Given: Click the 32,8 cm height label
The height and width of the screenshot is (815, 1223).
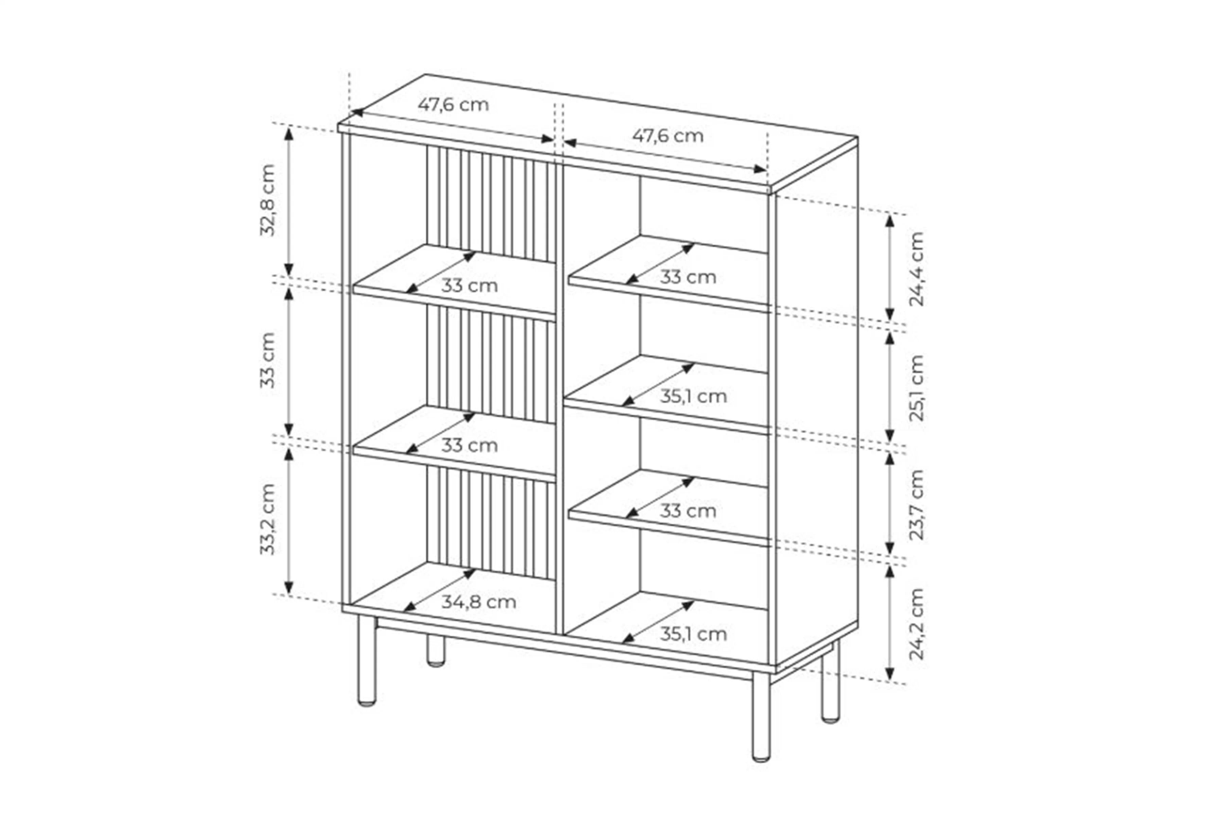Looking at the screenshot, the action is click(x=267, y=201).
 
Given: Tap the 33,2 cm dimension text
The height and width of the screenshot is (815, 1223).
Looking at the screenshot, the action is click(x=267, y=519).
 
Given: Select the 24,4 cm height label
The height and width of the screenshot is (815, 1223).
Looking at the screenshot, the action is click(x=916, y=269).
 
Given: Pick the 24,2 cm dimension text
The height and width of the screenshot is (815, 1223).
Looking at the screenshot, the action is click(x=916, y=624).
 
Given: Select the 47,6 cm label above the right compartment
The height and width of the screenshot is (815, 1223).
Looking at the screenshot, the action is click(x=668, y=136).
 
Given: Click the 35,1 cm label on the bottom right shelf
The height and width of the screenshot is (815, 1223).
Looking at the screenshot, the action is click(x=693, y=634).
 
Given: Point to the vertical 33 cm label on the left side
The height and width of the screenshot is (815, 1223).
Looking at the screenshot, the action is click(x=267, y=361).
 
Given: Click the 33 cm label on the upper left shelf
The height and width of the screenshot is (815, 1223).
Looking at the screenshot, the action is click(x=469, y=285).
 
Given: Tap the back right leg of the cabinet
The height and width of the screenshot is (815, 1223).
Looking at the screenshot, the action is click(x=830, y=683).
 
